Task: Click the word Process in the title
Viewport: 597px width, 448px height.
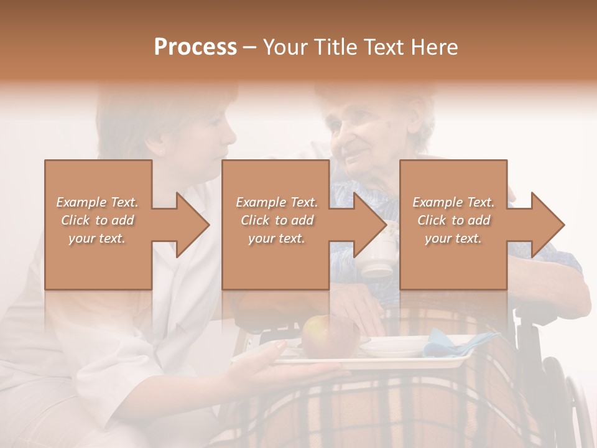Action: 195,47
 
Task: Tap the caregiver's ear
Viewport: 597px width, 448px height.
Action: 157,147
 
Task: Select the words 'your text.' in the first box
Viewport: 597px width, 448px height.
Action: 97,238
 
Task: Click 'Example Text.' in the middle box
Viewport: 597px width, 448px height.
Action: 277,202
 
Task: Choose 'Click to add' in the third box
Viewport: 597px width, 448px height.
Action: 454,220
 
